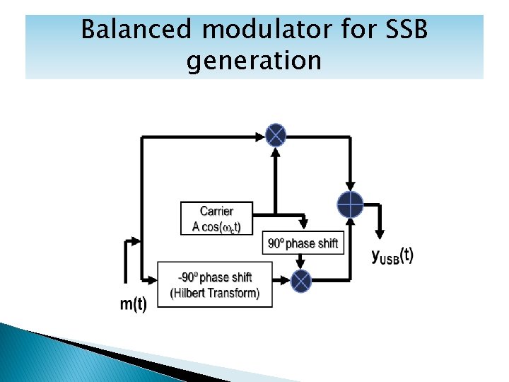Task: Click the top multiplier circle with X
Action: (275, 134)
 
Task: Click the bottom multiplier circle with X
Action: (301, 281)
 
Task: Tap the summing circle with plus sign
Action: (349, 204)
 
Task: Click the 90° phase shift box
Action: (303, 244)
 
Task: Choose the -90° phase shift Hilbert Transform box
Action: (215, 284)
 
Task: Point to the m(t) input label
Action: (133, 305)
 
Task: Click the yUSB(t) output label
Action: (392, 256)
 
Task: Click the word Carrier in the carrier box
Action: (216, 212)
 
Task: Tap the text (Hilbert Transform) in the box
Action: (215, 293)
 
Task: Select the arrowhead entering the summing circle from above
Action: (349, 186)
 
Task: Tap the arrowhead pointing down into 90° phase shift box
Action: (303, 224)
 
